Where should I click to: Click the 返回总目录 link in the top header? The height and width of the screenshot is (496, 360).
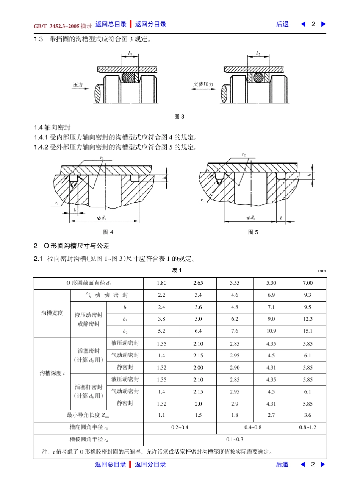tap(111, 24)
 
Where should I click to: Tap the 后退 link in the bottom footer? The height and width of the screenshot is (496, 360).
tap(282, 465)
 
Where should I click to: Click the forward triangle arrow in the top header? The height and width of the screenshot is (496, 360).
tap(323, 24)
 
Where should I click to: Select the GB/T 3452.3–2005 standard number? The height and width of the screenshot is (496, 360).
tap(56, 26)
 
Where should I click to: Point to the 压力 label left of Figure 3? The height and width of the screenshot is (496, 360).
tap(78, 85)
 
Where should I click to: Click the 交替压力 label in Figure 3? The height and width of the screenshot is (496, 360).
tap(203, 84)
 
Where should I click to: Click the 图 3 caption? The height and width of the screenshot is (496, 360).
tap(179, 117)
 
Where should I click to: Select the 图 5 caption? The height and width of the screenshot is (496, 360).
tap(253, 232)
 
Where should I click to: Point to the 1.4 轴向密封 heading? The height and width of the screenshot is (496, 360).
tap(52, 128)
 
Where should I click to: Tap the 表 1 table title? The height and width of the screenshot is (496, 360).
tap(177, 270)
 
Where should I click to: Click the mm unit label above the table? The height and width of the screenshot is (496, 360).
tap(322, 271)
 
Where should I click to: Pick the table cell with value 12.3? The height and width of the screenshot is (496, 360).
tap(308, 319)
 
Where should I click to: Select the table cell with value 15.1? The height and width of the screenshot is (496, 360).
tap(308, 331)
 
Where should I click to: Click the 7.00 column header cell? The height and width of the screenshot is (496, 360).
tap(308, 283)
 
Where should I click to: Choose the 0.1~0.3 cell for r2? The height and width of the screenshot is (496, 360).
tap(235, 440)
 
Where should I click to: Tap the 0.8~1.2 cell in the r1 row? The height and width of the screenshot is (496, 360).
tap(308, 427)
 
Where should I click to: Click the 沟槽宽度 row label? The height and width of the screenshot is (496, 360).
tap(52, 314)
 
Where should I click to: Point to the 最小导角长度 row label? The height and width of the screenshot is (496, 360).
tap(88, 415)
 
